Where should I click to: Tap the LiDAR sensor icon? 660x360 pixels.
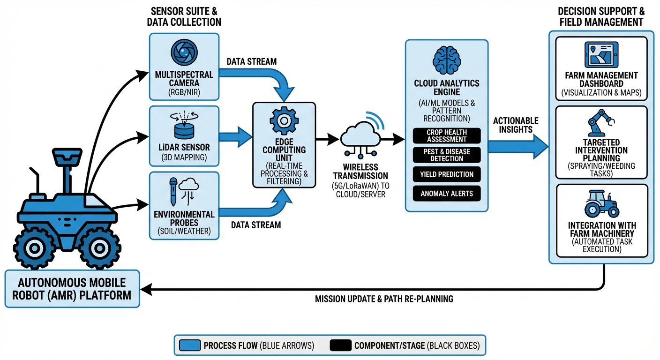click(183, 123)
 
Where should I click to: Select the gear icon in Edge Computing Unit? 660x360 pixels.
click(284, 120)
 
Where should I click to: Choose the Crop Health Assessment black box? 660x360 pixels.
click(447, 135)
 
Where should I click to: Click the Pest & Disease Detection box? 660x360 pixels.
click(447, 155)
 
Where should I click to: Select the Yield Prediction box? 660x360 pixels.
click(447, 174)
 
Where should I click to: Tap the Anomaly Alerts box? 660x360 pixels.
click(447, 193)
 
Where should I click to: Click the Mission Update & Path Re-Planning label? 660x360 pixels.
click(383, 299)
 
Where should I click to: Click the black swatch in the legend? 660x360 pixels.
click(340, 346)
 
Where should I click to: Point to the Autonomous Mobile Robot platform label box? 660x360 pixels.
click(72, 289)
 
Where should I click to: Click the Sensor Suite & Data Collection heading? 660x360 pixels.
click(184, 17)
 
